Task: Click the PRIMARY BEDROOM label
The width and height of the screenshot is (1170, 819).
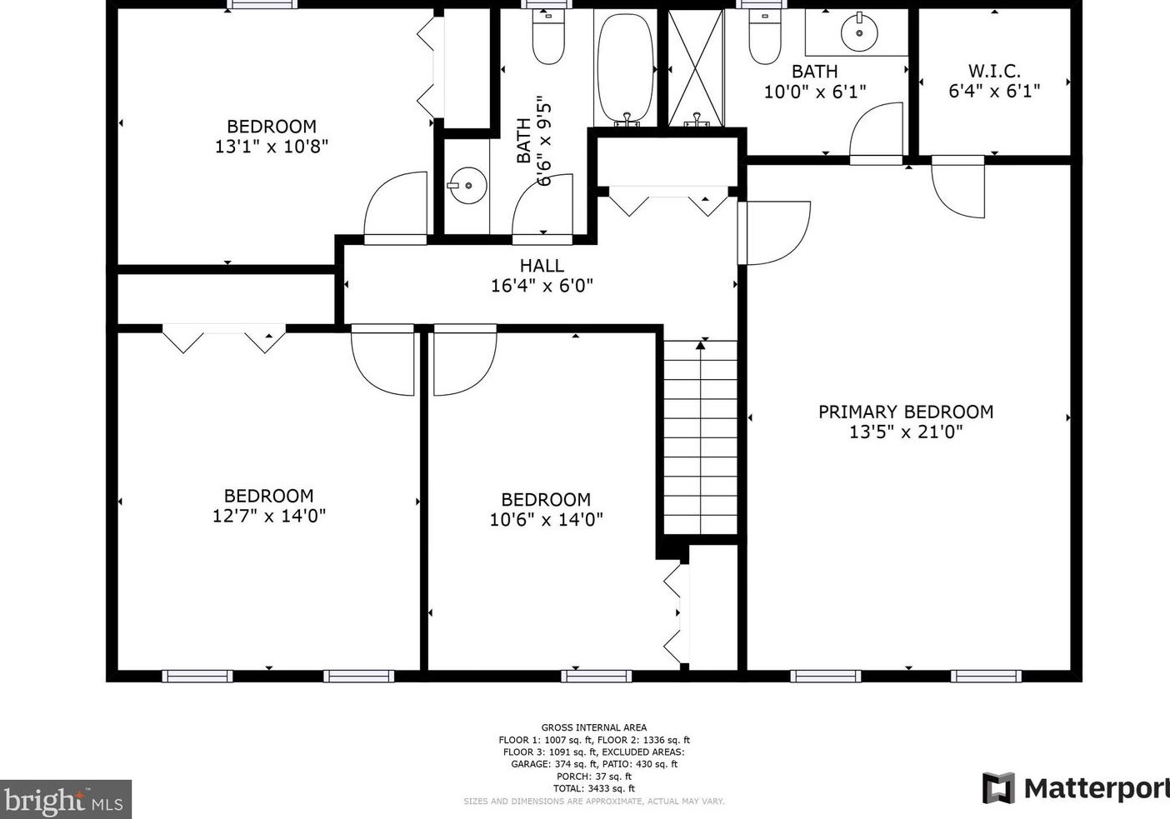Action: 906,412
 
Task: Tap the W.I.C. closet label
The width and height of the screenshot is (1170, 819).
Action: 994,71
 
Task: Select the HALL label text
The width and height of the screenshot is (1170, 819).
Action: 542,266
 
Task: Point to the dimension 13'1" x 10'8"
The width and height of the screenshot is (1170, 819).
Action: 272,147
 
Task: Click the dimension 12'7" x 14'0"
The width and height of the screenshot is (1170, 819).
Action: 269,516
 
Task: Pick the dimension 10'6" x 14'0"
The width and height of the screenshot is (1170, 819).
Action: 546,520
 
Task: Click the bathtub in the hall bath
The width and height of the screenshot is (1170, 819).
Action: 625,67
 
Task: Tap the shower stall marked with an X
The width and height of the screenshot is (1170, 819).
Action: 696,67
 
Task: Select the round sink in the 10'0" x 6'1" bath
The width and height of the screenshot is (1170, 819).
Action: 859,32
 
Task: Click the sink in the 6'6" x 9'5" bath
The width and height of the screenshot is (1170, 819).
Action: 468,186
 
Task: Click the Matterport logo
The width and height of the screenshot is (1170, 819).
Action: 1076,788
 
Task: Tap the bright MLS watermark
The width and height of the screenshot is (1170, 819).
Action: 65,800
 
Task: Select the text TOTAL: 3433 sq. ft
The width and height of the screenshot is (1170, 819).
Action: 594,788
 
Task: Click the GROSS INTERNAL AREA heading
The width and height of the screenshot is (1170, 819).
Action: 594,727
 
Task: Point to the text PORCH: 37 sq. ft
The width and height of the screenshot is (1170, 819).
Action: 594,777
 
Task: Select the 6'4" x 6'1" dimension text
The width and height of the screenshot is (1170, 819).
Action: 994,92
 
